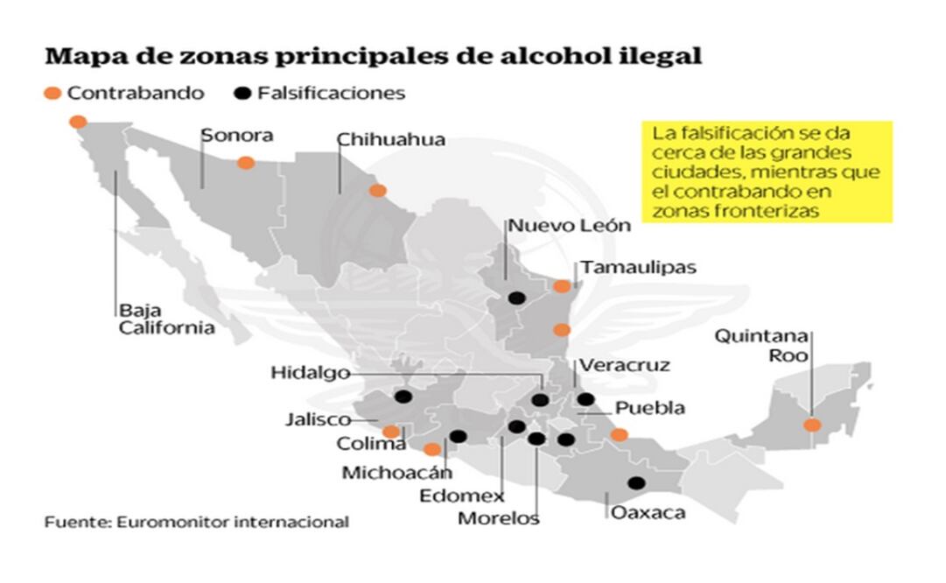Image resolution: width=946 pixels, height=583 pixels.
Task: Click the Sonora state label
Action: (236, 136)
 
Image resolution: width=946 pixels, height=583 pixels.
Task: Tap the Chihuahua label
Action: (390, 140)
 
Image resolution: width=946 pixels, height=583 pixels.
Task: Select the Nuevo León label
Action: (570, 225)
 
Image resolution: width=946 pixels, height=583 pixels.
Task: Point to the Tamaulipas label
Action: (639, 267)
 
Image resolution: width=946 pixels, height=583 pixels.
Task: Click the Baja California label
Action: (166, 320)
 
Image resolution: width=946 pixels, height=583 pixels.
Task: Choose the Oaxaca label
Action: (648, 513)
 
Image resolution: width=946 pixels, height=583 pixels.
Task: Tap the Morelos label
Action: (499, 518)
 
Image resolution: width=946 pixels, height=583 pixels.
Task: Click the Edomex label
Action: (473, 495)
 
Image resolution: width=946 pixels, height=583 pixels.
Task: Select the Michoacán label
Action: (396, 473)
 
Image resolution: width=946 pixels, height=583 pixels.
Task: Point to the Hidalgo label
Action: (310, 374)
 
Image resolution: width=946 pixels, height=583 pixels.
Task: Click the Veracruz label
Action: (624, 365)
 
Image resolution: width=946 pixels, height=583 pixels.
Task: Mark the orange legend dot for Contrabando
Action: (53, 94)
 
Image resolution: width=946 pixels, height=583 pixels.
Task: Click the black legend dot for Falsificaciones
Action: (243, 94)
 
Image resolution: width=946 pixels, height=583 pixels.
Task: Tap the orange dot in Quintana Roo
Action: (812, 425)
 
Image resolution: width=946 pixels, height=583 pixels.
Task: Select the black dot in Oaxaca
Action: (636, 483)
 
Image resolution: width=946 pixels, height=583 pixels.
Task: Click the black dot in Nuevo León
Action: (516, 299)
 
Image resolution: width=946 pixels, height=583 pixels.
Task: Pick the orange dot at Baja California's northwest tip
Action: (78, 123)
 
